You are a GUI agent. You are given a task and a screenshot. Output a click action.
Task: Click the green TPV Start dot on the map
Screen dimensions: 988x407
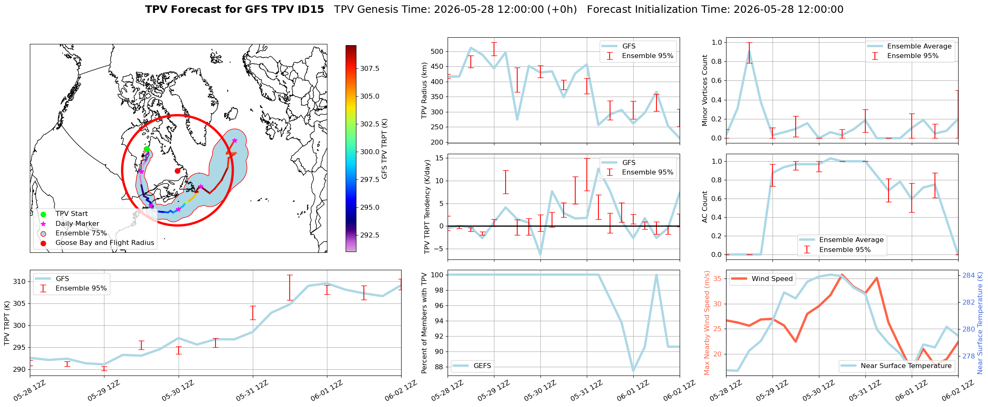[x=147, y=149]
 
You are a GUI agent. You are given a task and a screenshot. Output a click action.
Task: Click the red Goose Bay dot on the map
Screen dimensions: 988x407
[x=177, y=171]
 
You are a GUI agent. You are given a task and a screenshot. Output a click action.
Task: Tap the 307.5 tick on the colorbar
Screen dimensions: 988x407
[x=370, y=68]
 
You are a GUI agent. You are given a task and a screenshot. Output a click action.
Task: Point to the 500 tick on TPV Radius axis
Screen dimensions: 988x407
[x=437, y=51]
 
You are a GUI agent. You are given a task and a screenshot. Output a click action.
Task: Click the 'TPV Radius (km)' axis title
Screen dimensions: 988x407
[x=424, y=90]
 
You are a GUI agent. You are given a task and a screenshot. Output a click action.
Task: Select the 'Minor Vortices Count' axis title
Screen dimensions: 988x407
[x=705, y=90]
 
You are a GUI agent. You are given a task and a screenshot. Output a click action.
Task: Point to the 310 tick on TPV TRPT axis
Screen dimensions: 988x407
[x=19, y=282]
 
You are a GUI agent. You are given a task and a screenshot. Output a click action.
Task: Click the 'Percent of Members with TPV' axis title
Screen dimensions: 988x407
[x=424, y=323]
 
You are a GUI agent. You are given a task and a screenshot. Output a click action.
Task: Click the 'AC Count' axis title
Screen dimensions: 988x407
[x=705, y=207]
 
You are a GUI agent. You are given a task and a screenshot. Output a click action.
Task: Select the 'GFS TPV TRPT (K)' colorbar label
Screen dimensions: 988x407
[x=385, y=148]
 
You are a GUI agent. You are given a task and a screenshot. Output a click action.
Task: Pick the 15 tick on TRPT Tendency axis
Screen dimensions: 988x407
[x=439, y=158]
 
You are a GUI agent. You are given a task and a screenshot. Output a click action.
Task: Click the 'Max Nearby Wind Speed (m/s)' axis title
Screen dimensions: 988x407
[x=707, y=323]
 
